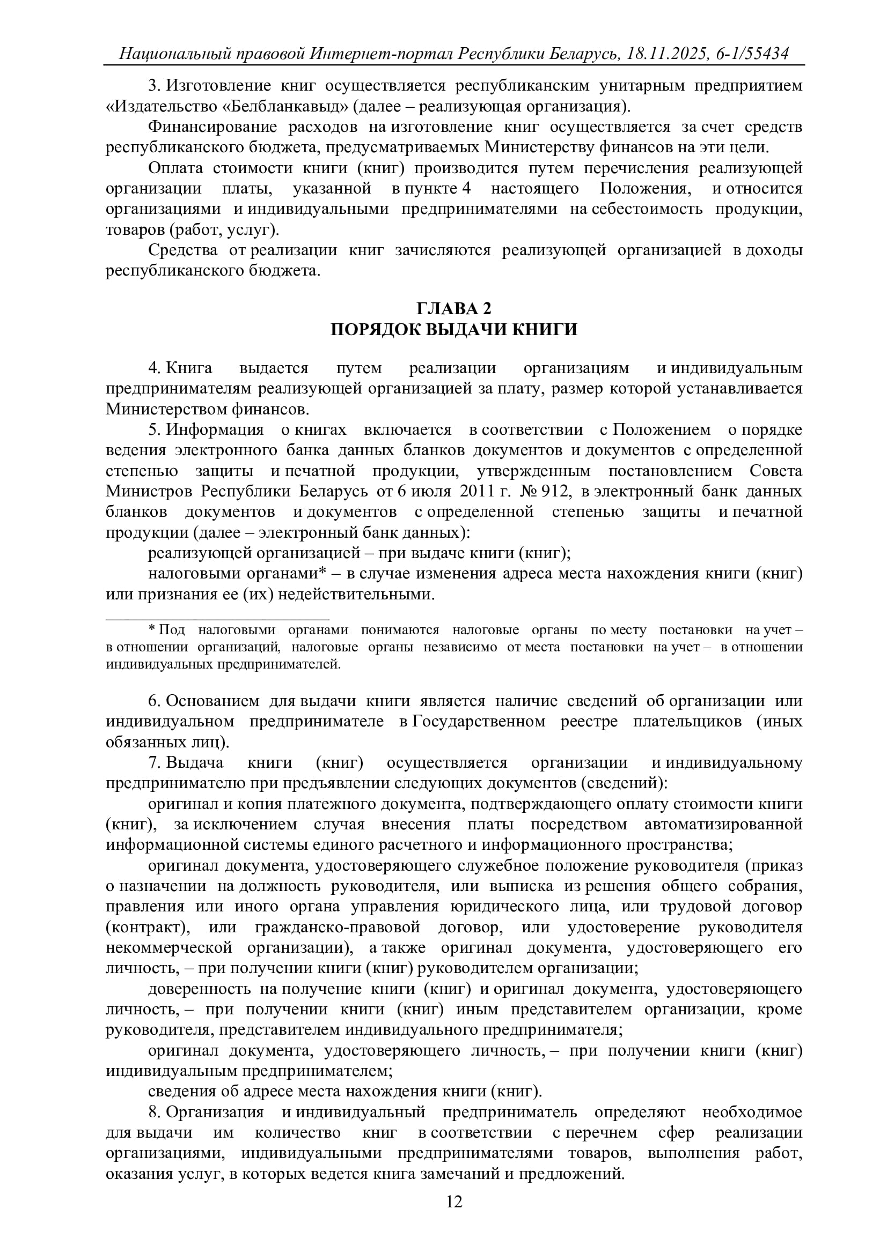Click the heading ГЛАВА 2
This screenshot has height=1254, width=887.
tap(453, 309)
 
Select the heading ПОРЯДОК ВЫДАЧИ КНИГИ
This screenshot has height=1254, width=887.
tap(453, 330)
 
